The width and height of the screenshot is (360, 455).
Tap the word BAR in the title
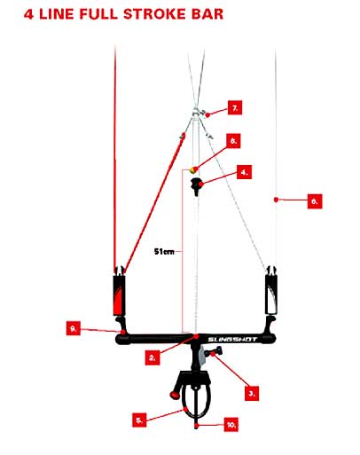[x=207, y=14]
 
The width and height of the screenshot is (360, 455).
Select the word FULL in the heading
[x=98, y=14]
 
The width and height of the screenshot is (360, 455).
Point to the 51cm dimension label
[x=164, y=252]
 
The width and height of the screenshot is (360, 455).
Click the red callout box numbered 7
[x=235, y=107]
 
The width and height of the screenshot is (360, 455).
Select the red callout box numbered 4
[x=244, y=172]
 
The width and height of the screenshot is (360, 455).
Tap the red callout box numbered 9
[x=74, y=328]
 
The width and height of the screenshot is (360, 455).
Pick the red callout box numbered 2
[x=153, y=357]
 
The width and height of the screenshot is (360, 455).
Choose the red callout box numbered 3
[x=252, y=394]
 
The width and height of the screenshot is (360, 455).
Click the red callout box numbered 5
[x=139, y=420]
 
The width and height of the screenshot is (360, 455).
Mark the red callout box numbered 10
[x=231, y=425]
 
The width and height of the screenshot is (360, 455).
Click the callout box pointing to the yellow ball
[x=233, y=141]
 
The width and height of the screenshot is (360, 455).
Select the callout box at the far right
[x=315, y=201]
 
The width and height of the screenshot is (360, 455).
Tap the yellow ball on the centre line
[x=193, y=170]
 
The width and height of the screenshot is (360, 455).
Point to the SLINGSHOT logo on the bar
[x=232, y=340]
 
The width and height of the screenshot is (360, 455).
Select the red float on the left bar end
[x=119, y=294]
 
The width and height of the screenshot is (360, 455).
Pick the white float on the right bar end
[x=272, y=294]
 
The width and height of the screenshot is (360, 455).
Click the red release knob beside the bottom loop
[x=175, y=395]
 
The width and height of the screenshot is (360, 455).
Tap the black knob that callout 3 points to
[x=215, y=352]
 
